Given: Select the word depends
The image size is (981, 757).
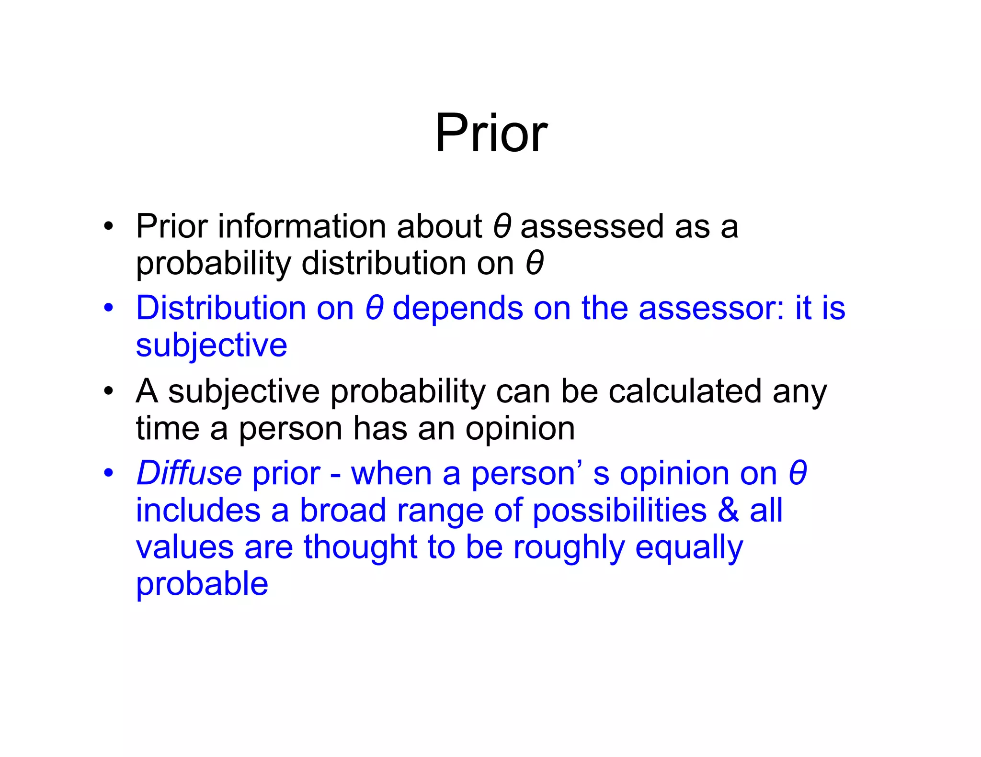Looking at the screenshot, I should click(457, 309).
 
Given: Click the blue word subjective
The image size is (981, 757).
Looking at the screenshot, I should click(211, 345).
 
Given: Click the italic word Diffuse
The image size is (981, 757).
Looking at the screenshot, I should click(189, 473).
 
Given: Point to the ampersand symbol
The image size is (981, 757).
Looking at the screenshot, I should click(728, 510).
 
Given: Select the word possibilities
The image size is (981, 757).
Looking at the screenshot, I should click(619, 511).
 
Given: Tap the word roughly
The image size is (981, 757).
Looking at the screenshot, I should click(569, 548).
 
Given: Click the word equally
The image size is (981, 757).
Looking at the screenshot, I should click(689, 548).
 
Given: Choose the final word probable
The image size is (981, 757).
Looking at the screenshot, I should click(202, 585).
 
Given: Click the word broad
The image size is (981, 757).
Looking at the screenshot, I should click(342, 510).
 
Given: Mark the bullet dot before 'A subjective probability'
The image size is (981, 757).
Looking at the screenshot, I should click(109, 391).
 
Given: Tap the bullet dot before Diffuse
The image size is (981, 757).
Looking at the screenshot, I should click(109, 473).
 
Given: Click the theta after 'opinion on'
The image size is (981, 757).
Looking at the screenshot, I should click(798, 473).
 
